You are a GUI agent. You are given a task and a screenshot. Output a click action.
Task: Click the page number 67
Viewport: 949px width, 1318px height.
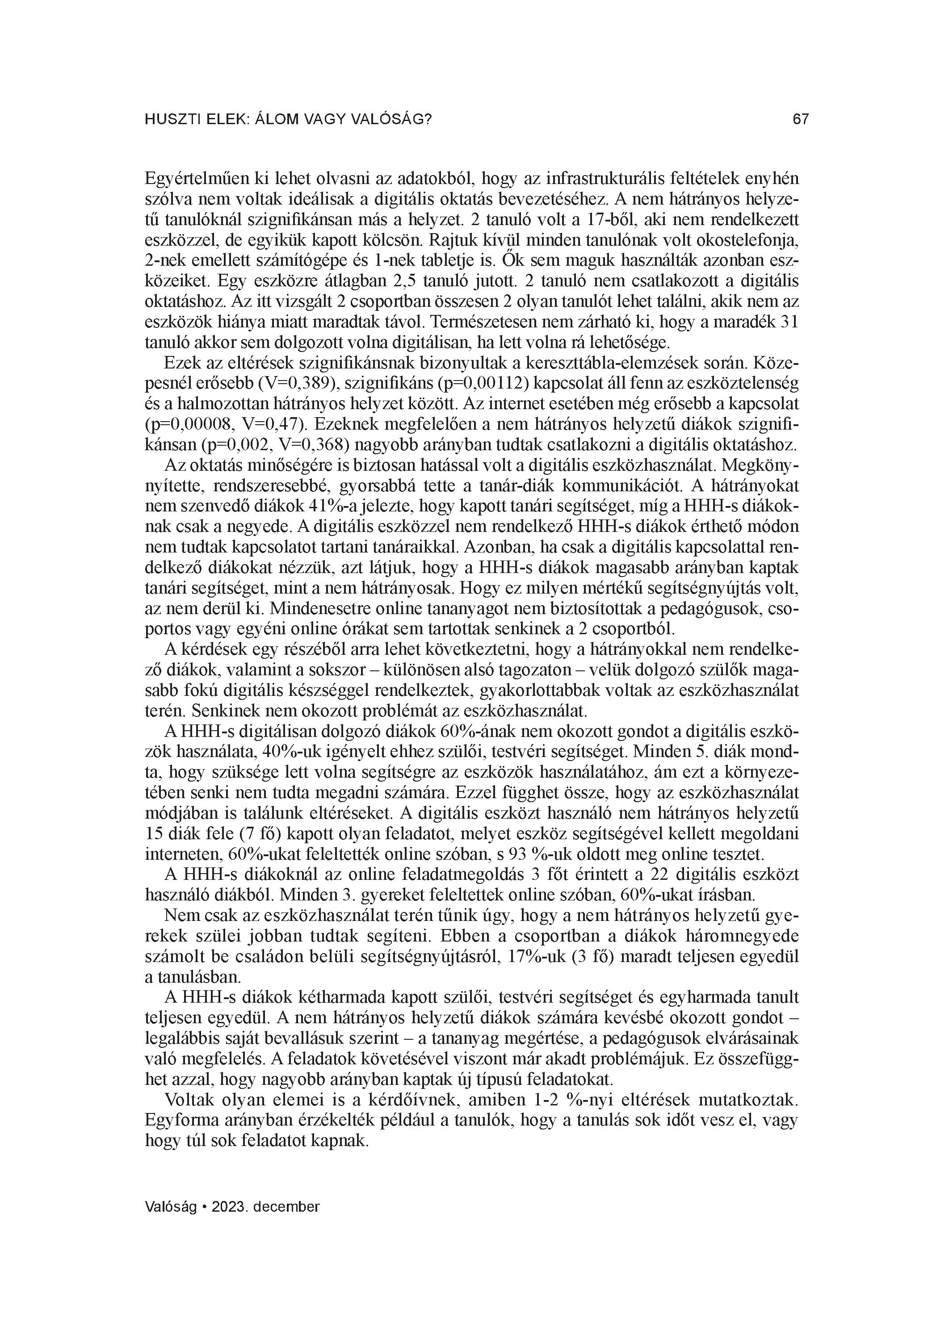click(800, 120)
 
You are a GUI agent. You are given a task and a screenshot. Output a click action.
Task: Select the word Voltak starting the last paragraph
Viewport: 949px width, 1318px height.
click(189, 1100)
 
